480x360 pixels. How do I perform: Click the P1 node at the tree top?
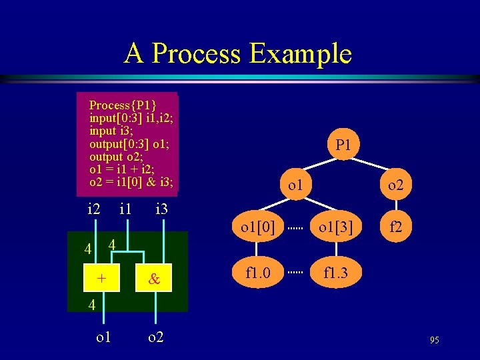point(343,145)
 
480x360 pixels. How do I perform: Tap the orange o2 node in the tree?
point(396,185)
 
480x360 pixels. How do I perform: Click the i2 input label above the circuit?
point(94,209)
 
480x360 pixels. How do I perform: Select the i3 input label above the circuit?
point(161,209)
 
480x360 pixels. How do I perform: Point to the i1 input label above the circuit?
point(125,209)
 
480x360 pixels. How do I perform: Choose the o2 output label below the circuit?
point(155,337)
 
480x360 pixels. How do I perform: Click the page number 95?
point(434,341)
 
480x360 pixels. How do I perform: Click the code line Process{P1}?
point(123,105)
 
